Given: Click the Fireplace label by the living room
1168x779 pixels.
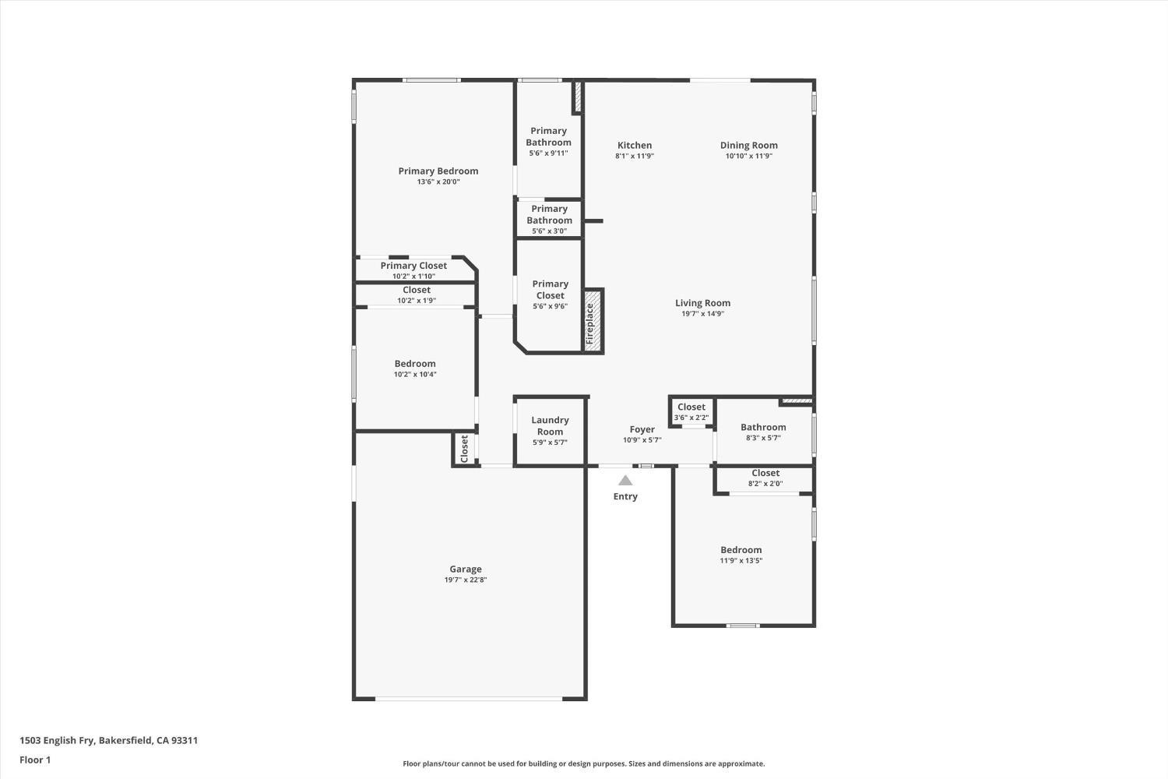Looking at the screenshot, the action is click(589, 323).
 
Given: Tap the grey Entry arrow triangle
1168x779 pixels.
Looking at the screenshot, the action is click(625, 481).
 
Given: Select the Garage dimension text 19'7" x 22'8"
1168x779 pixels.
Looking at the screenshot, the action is click(466, 580).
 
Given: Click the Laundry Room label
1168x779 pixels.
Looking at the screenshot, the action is click(550, 426).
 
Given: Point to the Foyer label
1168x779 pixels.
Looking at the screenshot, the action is click(642, 429).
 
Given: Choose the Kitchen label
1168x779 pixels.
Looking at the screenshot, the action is click(635, 145).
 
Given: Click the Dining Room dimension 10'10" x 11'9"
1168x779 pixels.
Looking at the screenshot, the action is click(749, 156).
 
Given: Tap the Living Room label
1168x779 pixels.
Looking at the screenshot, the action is click(703, 302).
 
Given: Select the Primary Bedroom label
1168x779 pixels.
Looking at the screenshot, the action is click(438, 171).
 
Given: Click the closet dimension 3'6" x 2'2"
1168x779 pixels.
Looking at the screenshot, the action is click(691, 418).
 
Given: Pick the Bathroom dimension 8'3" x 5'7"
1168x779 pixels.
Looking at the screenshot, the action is click(763, 438).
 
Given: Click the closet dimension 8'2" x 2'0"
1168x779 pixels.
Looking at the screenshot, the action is click(765, 484).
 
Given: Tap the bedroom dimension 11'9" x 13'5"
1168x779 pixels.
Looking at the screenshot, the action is click(741, 561).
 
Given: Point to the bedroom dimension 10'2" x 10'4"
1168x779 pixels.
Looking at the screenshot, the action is click(415, 374).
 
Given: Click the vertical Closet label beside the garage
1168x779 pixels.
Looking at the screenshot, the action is click(464, 449).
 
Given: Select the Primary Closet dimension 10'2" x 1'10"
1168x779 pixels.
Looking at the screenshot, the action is click(413, 277).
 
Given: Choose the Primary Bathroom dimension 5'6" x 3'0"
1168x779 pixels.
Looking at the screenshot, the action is click(549, 231).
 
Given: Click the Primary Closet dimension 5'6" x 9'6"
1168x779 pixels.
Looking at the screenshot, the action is click(550, 306).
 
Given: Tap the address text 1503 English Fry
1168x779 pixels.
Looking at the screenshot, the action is click(57, 740).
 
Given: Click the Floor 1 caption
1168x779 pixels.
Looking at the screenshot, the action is click(35, 760).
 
